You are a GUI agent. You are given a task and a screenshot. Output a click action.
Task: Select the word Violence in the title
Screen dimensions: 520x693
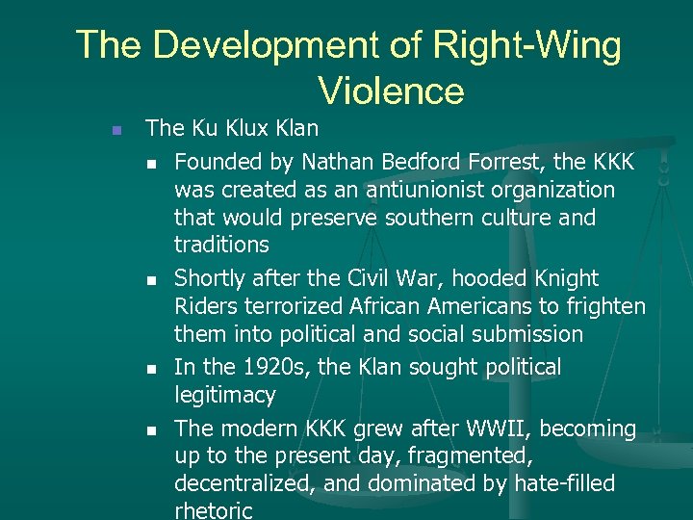(391, 91)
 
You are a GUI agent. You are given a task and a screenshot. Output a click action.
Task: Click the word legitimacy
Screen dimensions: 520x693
(225, 396)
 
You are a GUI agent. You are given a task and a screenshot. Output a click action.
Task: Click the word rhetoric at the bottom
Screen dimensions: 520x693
(213, 511)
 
